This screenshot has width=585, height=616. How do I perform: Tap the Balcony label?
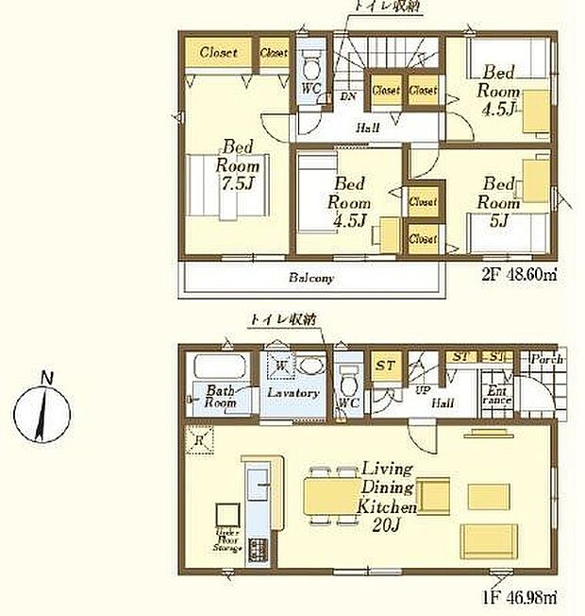[x=312, y=279]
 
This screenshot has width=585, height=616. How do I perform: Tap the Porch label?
[x=546, y=360]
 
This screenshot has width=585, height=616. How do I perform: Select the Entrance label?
[x=496, y=396]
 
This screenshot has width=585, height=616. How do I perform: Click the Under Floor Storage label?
[x=228, y=539]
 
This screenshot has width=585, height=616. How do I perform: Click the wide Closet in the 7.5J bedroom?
[x=224, y=53]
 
